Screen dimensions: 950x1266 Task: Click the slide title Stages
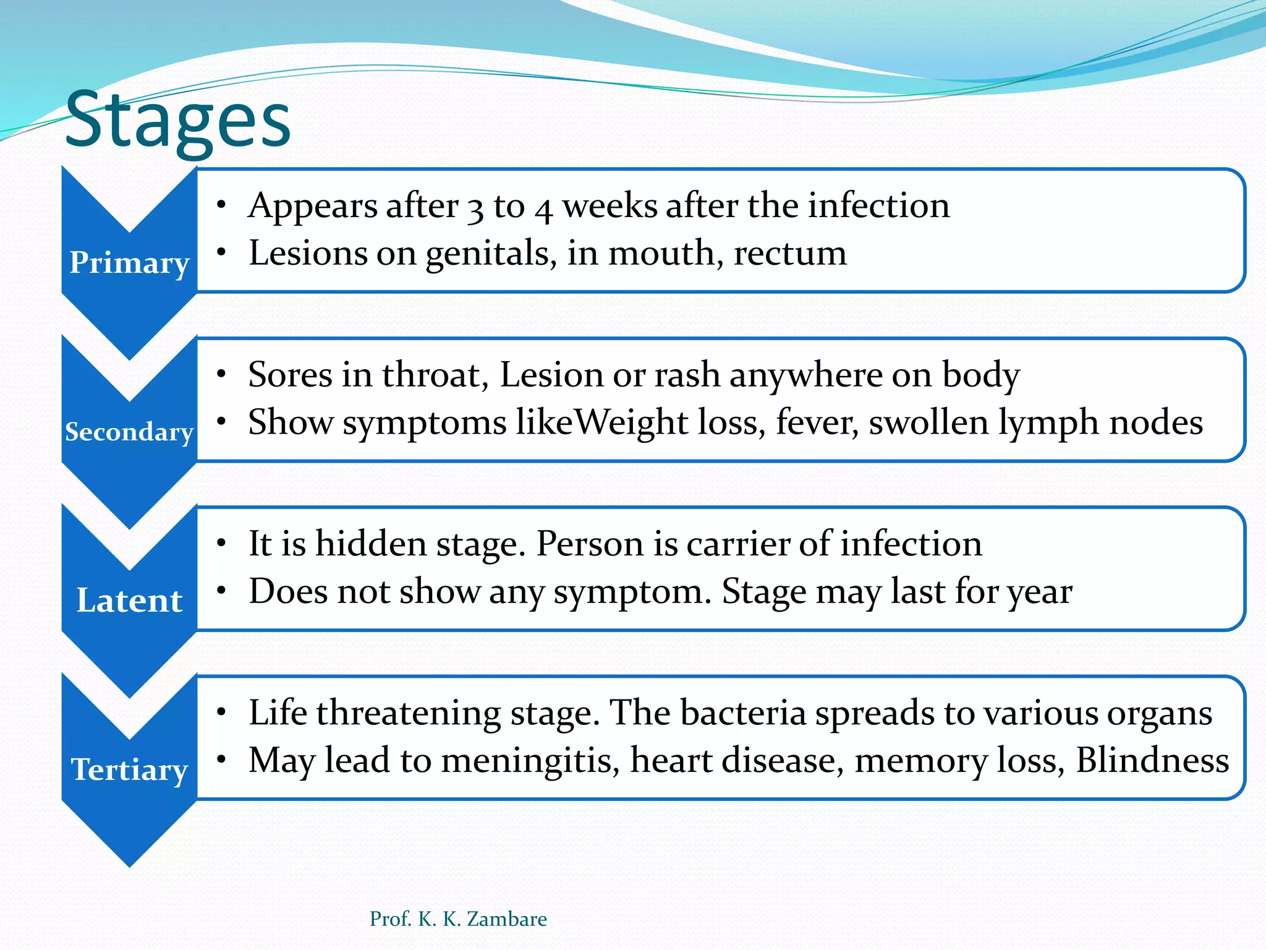(x=178, y=121)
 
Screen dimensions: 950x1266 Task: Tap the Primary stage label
(x=129, y=263)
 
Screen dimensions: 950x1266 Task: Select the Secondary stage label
(x=129, y=432)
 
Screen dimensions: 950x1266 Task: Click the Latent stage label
(x=129, y=601)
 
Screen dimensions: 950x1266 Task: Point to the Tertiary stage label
(x=129, y=770)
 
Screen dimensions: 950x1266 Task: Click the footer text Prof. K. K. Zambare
(x=458, y=919)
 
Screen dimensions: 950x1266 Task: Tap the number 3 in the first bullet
(x=475, y=208)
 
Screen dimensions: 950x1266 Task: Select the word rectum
(x=790, y=254)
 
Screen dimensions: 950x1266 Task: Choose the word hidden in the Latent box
(x=371, y=544)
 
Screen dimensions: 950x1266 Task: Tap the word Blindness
(x=1152, y=760)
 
